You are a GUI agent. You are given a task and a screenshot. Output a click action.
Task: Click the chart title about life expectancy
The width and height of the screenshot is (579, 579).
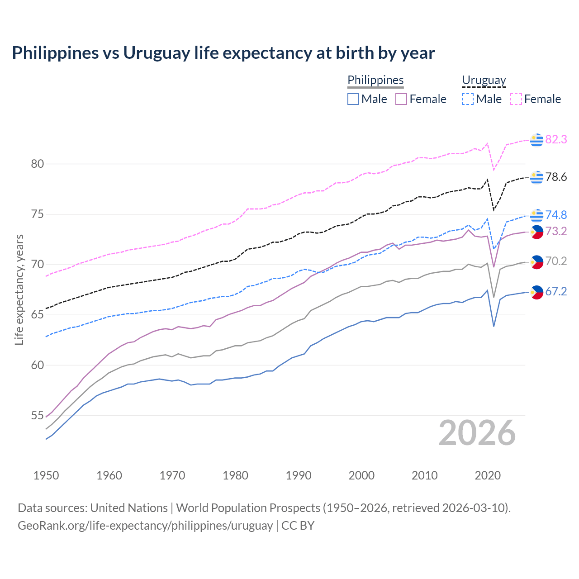[x=223, y=53]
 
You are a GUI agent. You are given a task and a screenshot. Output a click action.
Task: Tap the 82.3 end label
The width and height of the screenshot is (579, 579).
[x=556, y=140]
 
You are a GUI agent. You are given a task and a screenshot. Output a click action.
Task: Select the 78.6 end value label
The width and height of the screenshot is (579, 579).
[x=556, y=177]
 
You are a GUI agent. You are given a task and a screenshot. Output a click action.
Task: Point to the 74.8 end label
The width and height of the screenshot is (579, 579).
[x=556, y=215]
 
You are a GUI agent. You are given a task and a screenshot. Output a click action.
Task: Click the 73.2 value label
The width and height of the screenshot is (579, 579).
[x=556, y=232]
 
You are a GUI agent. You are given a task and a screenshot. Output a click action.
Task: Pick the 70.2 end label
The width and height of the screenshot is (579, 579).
[x=556, y=261]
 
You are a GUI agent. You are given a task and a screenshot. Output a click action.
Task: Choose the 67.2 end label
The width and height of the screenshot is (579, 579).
[x=556, y=292]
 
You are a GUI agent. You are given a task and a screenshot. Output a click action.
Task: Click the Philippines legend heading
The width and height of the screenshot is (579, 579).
[x=375, y=80]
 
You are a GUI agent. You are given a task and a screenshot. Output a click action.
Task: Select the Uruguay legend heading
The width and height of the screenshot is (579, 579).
[x=484, y=80]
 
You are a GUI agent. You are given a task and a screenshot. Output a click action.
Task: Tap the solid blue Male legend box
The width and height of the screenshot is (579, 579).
[x=353, y=99]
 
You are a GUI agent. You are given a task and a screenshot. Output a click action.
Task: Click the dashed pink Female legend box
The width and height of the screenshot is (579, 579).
[x=516, y=99]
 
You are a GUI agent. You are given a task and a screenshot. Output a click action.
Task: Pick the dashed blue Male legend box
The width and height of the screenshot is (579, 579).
[x=468, y=99]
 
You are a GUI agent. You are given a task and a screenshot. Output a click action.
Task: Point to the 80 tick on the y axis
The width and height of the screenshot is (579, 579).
[x=38, y=164]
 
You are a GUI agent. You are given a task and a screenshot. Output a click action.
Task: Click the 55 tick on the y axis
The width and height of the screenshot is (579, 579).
[x=38, y=415]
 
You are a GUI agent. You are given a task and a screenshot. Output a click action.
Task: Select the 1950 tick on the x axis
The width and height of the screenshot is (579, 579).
[x=46, y=475]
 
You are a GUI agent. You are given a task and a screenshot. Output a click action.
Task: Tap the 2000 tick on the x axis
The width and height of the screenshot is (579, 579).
[x=361, y=475]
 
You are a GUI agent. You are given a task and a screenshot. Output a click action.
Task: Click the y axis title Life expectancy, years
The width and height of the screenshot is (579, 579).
[x=19, y=289]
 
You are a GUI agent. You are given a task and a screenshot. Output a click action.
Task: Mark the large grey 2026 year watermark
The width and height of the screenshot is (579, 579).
[x=477, y=433]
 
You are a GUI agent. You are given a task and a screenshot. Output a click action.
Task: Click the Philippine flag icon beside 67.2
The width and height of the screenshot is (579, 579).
[x=536, y=292]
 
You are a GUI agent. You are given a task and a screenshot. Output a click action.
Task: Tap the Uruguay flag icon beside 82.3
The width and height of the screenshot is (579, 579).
[x=536, y=140]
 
